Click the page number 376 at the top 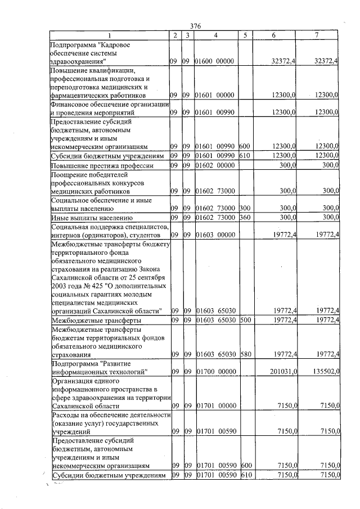[196, 26]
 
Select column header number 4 [215, 36]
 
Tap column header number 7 [317, 36]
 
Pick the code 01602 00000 [214, 165]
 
